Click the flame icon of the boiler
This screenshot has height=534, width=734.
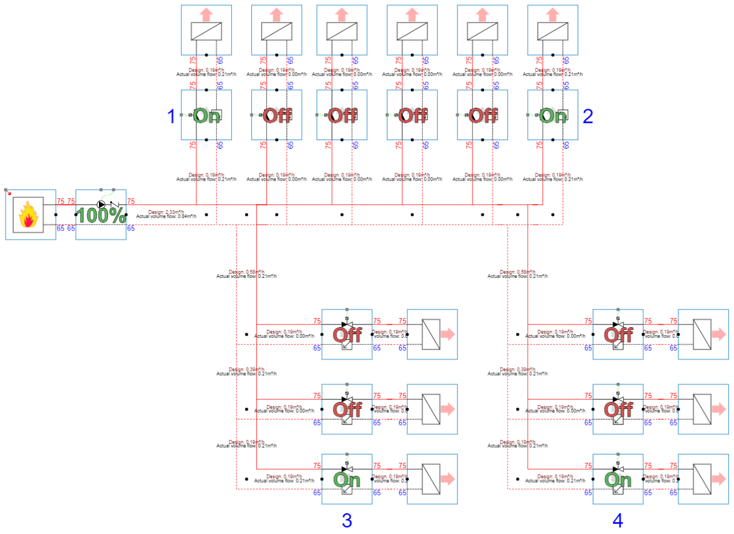(x=28, y=215)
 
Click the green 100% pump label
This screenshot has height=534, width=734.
(x=101, y=215)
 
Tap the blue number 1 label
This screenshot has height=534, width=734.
(x=171, y=116)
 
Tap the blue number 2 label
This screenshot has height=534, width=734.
(x=587, y=116)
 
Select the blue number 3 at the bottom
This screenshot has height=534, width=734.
(x=347, y=520)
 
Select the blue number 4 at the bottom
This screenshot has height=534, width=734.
(x=617, y=520)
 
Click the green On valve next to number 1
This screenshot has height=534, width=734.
(x=207, y=115)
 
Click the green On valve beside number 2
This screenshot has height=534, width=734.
(x=553, y=115)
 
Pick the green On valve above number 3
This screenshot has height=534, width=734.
(x=347, y=479)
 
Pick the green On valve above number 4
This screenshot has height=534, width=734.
(x=618, y=479)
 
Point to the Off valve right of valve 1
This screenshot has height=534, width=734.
(x=277, y=115)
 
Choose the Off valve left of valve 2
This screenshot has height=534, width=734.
(x=483, y=115)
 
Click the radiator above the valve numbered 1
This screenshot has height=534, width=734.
(x=207, y=32)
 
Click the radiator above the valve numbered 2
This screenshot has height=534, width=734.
(x=553, y=32)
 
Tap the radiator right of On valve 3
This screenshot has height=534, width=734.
(x=431, y=479)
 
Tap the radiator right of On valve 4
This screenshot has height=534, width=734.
(x=702, y=479)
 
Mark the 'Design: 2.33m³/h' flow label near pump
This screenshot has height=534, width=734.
(x=166, y=212)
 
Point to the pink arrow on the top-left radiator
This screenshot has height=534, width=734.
(x=207, y=14)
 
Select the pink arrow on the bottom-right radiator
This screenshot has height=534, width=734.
(x=718, y=479)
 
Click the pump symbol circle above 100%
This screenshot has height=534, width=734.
(x=101, y=204)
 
